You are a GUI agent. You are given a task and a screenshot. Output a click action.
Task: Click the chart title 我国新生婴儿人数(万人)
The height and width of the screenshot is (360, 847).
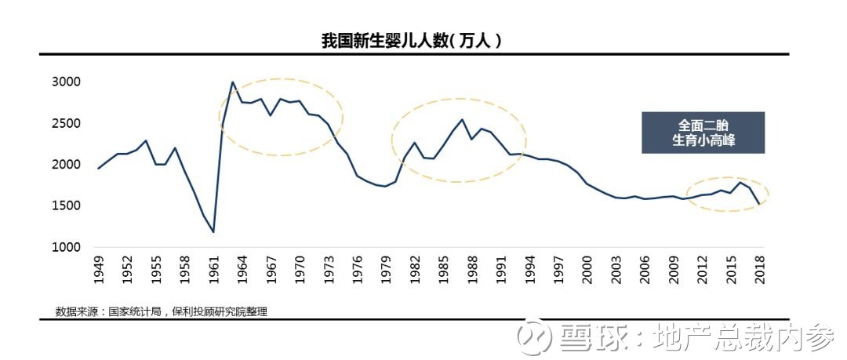coord(412,42)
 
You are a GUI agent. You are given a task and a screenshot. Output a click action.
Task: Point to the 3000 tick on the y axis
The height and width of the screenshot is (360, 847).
coord(66,82)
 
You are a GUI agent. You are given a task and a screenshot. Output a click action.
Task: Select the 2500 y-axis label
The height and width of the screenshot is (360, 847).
coord(66,123)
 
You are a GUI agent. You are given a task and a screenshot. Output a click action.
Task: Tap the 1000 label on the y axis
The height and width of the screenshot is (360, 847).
coord(66,247)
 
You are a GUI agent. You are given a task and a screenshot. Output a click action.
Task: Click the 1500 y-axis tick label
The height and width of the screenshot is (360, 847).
coord(66,206)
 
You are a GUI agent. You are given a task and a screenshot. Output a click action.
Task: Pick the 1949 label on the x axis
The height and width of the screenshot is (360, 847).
coord(98,270)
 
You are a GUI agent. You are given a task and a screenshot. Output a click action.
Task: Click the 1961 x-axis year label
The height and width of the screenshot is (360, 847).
coord(214,270)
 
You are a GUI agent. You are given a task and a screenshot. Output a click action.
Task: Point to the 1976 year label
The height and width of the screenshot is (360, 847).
coord(357,270)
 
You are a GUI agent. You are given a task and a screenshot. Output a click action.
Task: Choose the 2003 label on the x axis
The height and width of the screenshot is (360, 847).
coord(616,270)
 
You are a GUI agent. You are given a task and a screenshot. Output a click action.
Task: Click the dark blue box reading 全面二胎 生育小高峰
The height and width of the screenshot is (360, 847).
coord(703,133)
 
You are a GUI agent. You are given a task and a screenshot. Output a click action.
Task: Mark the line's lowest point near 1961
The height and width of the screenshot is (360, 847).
coord(214,232)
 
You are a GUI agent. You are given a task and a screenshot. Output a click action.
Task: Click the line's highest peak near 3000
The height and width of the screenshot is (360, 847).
coord(233,82)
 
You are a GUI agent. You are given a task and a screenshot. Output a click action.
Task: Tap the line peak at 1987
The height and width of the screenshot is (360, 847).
coord(463,119)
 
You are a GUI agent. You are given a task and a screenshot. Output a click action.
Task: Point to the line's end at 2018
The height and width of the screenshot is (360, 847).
coord(759,204)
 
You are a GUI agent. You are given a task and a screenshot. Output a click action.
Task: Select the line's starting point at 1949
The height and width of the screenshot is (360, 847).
coord(98,169)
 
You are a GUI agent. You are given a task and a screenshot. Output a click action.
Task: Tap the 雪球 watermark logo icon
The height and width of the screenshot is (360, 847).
coord(534,338)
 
